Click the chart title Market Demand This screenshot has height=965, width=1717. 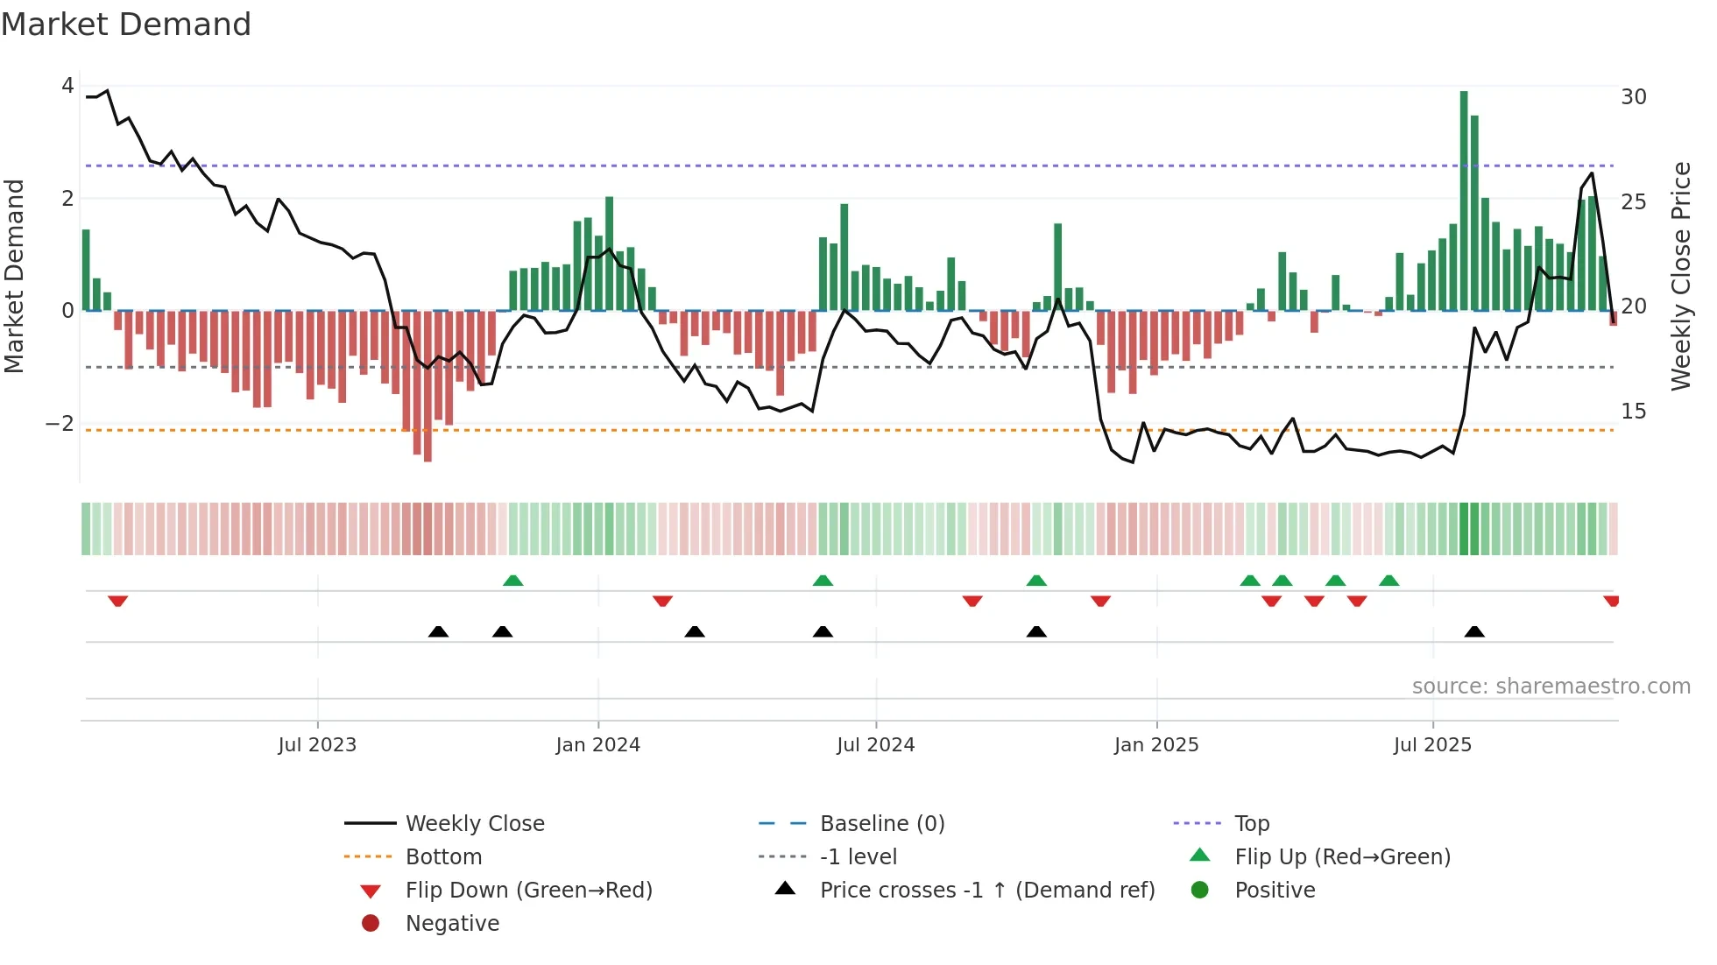coord(126,25)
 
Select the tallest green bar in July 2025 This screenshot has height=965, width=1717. coord(1464,201)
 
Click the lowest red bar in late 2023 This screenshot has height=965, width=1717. coord(427,385)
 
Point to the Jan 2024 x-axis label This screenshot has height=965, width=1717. coord(597,745)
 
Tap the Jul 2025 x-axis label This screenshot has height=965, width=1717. coord(1432,745)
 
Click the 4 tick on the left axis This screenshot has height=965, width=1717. coord(67,86)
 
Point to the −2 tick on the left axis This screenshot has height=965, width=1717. coord(60,424)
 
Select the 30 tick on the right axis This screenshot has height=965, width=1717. coord(1633,97)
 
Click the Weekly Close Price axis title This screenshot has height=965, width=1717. coord(1680,276)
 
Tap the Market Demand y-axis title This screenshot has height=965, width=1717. coord(14,276)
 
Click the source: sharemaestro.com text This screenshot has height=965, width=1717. coord(1551,687)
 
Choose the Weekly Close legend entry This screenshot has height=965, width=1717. coord(474,824)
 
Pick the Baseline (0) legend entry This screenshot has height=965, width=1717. coord(881,824)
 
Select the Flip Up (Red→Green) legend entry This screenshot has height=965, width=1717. coord(1342,857)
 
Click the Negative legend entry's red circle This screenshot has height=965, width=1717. coord(371,924)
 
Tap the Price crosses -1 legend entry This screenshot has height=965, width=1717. coord(986,891)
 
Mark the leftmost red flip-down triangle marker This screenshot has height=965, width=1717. coord(118,601)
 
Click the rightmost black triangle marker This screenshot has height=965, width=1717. coord(1474,631)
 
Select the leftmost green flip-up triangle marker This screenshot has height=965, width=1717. coord(513,581)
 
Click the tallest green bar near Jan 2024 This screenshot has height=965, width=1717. coord(610,254)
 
